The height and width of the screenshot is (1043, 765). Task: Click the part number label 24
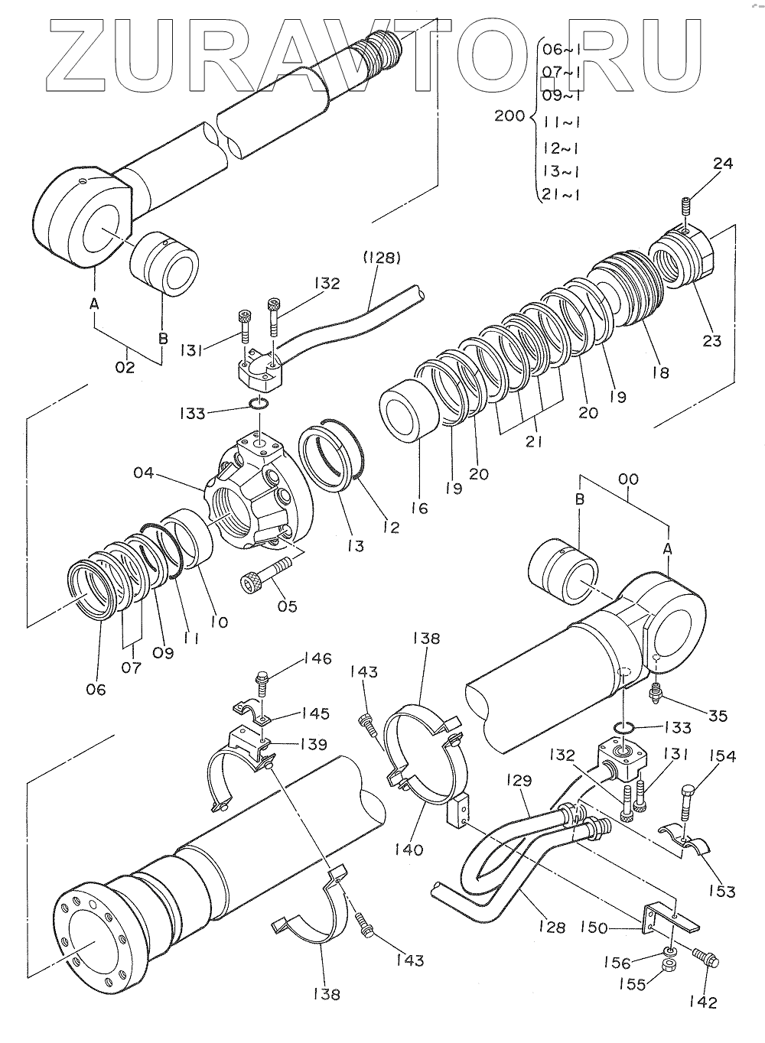(x=723, y=164)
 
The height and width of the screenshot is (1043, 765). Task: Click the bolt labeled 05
(x=266, y=574)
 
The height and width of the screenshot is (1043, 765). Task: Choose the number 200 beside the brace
(x=509, y=116)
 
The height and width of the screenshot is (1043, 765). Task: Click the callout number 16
(x=419, y=509)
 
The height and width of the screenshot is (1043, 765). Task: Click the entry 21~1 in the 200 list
(x=561, y=194)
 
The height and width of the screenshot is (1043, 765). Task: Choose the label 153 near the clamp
(x=721, y=891)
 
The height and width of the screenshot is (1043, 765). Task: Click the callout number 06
(x=96, y=689)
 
